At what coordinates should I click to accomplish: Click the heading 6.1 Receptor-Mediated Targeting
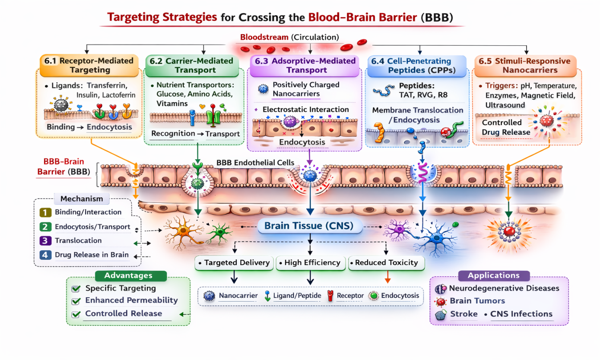[89, 65]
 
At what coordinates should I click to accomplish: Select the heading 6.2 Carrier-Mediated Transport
[191, 66]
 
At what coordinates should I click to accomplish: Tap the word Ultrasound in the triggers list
[505, 105]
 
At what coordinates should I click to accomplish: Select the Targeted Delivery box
[234, 262]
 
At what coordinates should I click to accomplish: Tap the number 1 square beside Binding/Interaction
[44, 212]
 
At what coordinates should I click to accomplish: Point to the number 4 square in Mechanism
[44, 255]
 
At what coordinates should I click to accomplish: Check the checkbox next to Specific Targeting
[76, 288]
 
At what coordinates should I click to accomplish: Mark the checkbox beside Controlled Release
[76, 314]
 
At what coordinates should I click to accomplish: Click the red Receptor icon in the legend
[331, 296]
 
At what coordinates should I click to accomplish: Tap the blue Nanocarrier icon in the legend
[210, 296]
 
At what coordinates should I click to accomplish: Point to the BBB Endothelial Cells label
[255, 162]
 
